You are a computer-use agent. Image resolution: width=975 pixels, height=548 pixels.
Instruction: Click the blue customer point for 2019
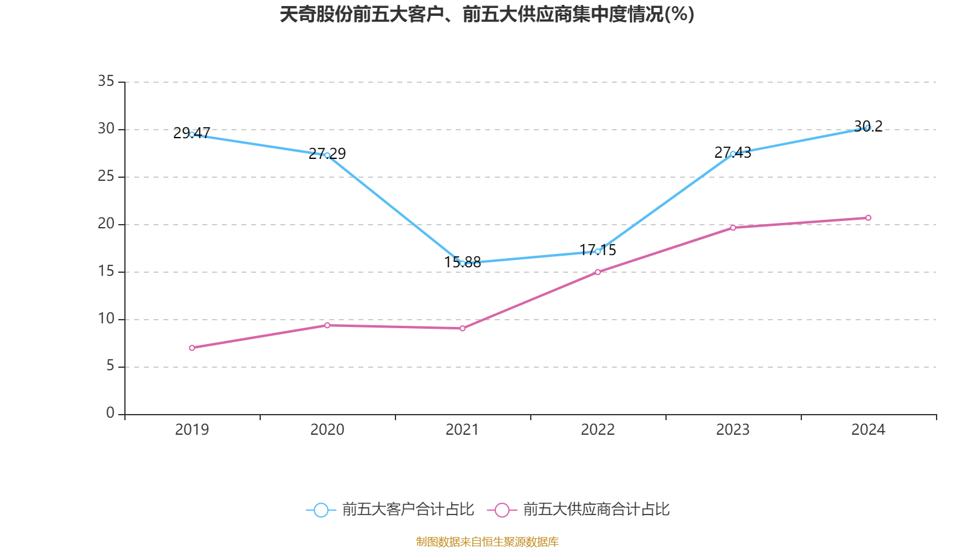click(192, 135)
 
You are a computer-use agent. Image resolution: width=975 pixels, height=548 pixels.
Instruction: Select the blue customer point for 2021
click(463, 264)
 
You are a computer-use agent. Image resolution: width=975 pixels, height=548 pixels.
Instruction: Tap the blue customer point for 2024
click(868, 128)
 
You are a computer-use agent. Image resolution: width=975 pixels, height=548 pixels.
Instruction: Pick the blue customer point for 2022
click(598, 251)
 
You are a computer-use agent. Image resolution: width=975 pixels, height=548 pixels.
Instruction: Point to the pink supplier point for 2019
click(192, 348)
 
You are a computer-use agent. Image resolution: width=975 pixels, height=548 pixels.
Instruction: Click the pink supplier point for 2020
click(327, 325)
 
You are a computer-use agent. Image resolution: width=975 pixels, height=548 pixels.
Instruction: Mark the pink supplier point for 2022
click(598, 272)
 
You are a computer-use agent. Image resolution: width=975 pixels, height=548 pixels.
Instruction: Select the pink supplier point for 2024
click(868, 218)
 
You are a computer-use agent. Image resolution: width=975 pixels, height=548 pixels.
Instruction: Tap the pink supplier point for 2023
click(733, 228)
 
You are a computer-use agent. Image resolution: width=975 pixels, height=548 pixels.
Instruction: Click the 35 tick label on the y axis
click(106, 81)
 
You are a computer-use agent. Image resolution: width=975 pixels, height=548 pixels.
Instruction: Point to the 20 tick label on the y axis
click(106, 223)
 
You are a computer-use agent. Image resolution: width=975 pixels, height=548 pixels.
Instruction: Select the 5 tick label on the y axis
click(110, 366)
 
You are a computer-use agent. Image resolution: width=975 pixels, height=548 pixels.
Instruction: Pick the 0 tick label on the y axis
click(110, 413)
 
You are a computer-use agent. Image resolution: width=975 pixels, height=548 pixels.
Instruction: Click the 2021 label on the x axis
click(463, 430)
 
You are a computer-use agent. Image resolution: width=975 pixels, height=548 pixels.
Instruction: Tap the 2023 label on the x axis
click(733, 430)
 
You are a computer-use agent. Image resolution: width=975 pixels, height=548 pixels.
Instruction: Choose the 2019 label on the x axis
click(192, 430)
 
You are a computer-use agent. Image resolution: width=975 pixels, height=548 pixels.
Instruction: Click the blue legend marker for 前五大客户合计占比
click(321, 510)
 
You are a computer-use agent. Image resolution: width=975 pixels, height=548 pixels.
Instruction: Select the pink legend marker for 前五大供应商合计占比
click(502, 510)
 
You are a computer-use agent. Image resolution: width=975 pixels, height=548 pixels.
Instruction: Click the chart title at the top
click(487, 15)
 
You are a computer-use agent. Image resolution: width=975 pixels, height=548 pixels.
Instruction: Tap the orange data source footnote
click(487, 541)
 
